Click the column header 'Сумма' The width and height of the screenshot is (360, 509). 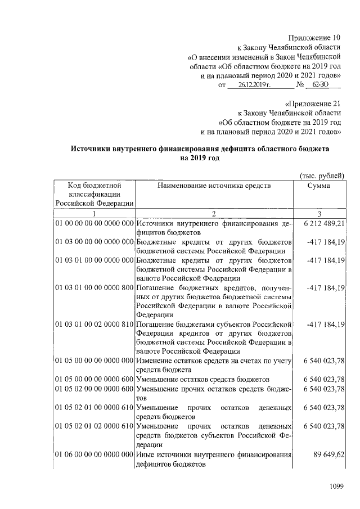click(319, 185)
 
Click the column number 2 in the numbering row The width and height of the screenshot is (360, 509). click(214, 213)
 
